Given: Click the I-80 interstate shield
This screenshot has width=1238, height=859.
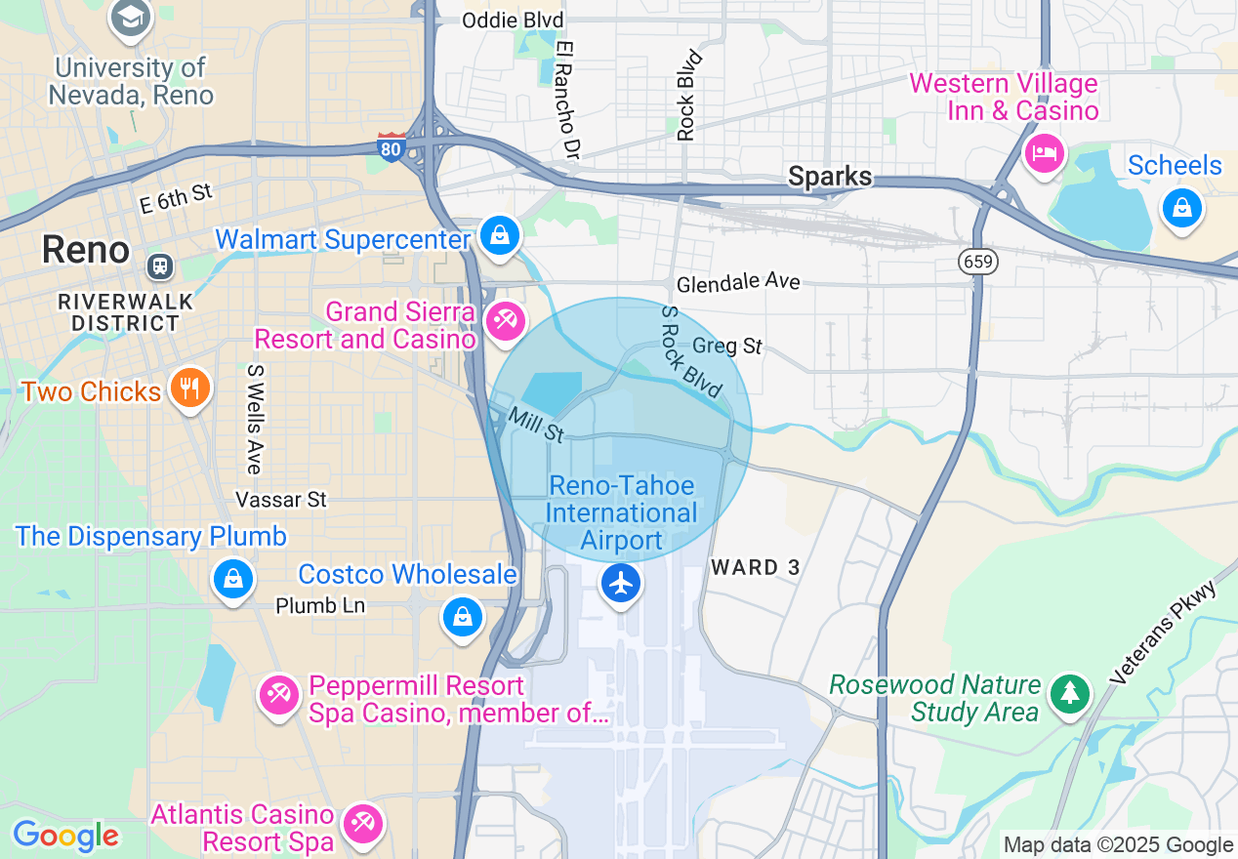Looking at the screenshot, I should coord(392,146).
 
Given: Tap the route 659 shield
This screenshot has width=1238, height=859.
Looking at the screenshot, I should coord(977,261).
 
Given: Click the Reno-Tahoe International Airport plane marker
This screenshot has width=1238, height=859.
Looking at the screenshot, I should coord(621,584).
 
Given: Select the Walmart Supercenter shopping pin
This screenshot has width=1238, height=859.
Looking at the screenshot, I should coord(500,236).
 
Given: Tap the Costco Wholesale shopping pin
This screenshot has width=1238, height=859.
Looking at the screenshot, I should coord(463,617).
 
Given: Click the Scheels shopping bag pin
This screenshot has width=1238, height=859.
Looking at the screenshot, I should coord(1181,208).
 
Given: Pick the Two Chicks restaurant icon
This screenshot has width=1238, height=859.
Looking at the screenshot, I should coord(190,389).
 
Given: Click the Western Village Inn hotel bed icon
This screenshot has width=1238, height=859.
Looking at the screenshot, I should coord(1045,153).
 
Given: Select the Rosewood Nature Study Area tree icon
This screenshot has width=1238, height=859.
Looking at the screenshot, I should coord(1071,694).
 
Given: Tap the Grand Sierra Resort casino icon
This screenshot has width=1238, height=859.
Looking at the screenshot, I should coord(506,321).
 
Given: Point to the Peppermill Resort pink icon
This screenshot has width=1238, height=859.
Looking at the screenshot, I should coord(279,695).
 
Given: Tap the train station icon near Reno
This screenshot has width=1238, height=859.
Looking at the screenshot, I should coord(158,266).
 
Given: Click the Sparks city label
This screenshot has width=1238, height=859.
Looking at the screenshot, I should coord(830,177).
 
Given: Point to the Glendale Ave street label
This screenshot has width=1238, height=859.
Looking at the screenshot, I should coord(738,283).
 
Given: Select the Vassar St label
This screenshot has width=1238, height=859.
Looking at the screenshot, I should coord(281,500).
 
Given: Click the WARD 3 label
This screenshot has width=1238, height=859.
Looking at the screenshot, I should coord(756,567).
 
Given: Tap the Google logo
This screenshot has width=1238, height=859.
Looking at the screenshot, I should coord(65,837).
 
